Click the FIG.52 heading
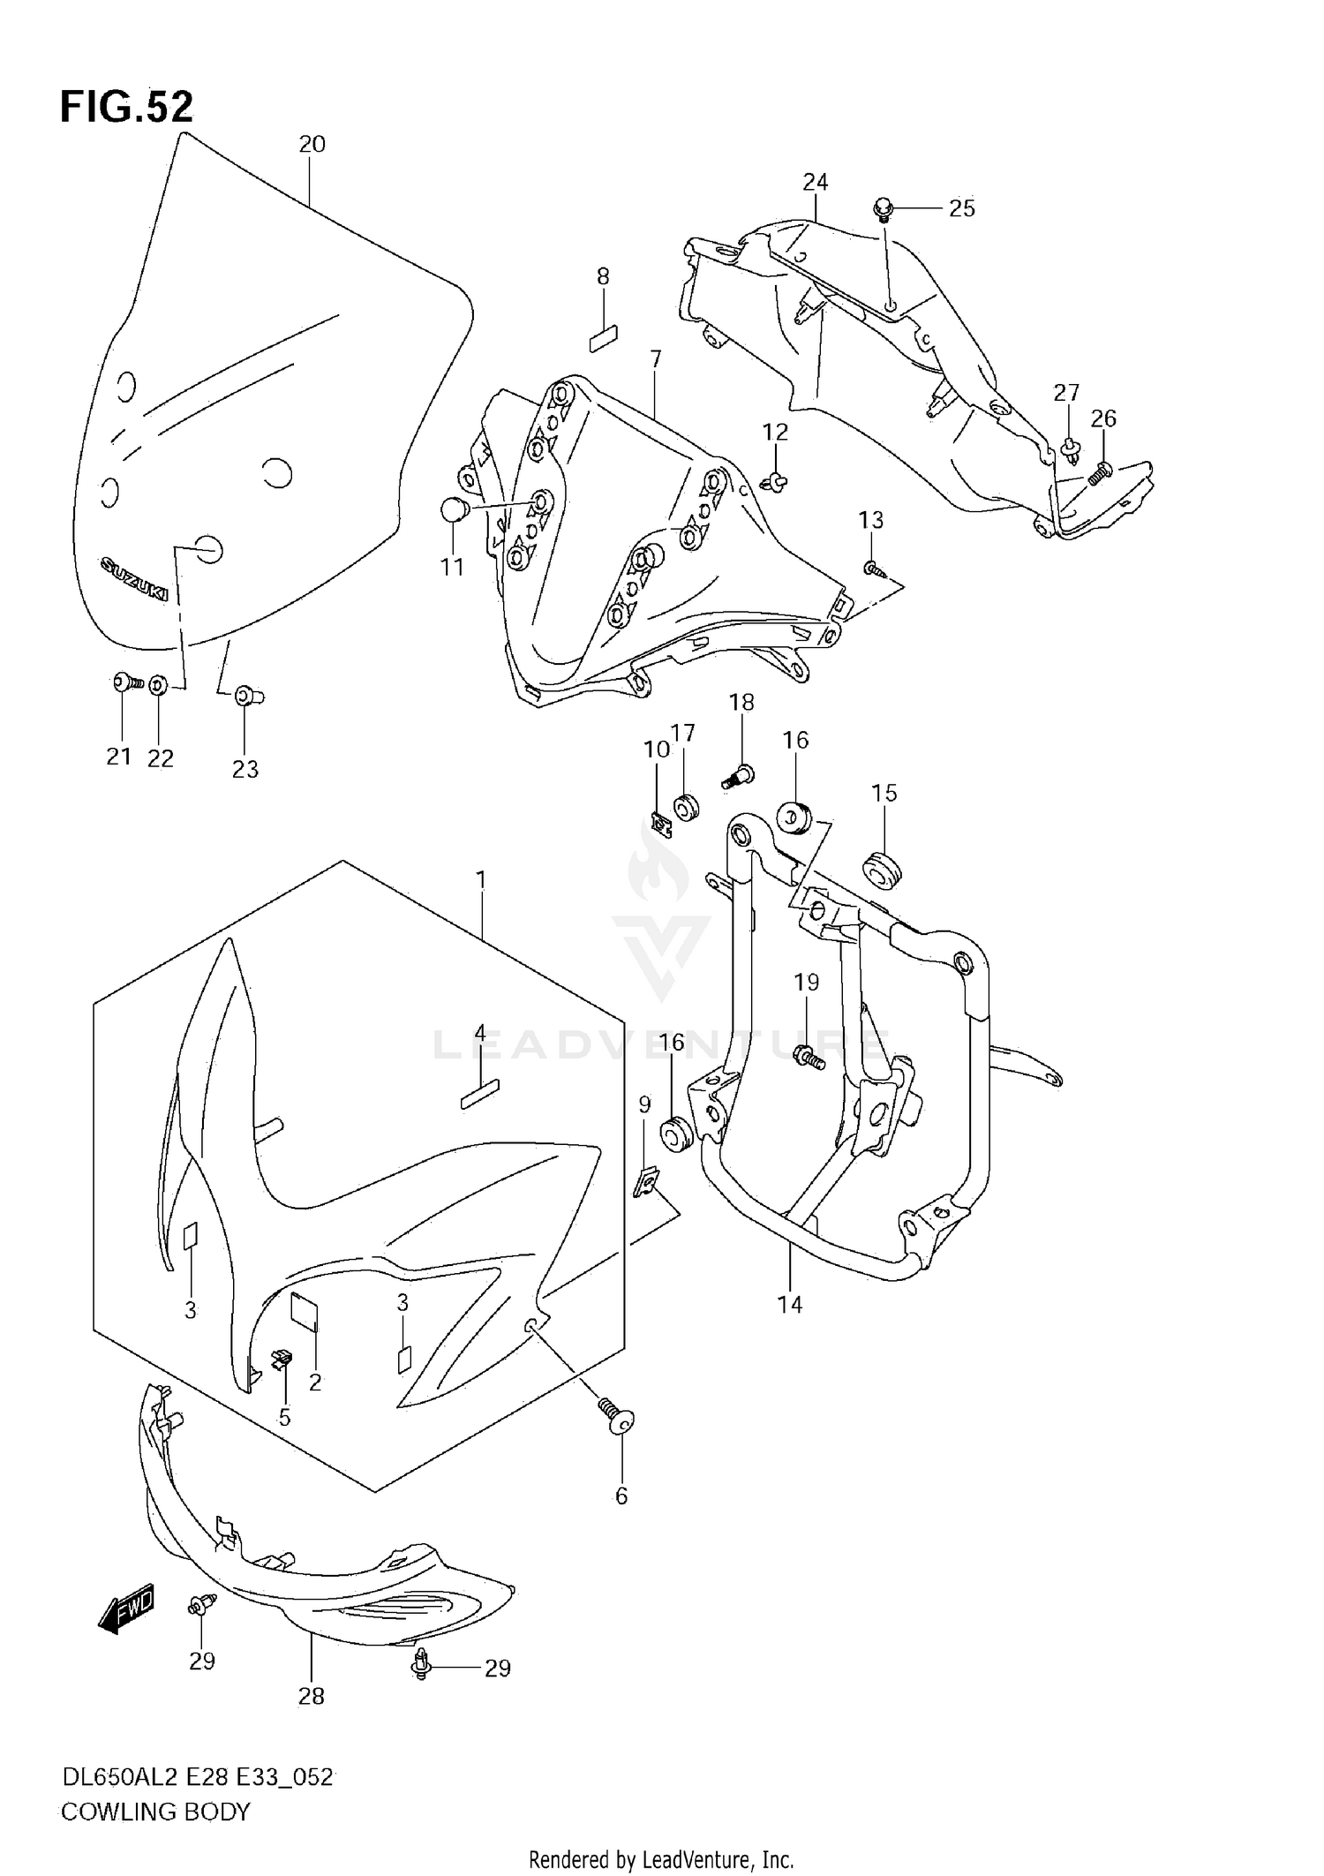coord(126,108)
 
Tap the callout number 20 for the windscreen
coord(312,144)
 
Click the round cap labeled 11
coord(454,509)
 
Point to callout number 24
coord(815,182)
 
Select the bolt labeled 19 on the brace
coord(809,1056)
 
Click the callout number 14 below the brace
coord(789,1304)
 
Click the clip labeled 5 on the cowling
coord(282,1360)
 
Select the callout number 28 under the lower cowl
coord(311,1696)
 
